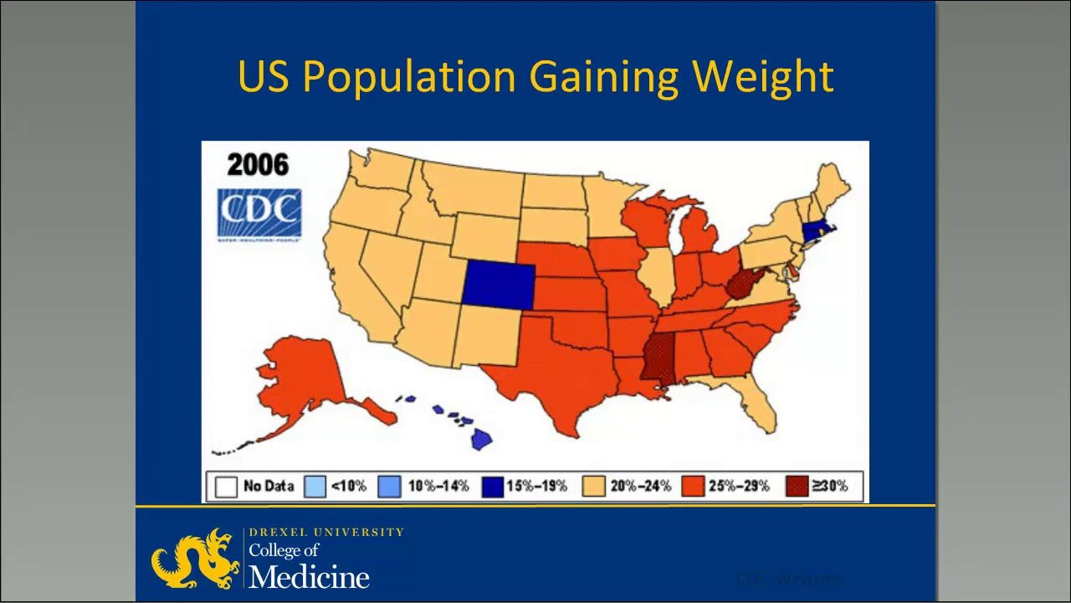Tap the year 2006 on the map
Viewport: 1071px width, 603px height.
click(257, 164)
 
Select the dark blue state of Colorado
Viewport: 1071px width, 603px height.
click(499, 283)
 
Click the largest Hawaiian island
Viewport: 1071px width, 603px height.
click(481, 438)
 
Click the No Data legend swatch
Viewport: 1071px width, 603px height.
click(225, 486)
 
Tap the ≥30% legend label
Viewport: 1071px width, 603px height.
click(829, 486)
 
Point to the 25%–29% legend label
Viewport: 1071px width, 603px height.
click(739, 486)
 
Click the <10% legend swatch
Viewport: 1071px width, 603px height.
click(315, 486)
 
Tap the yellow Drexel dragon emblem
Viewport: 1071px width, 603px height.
click(195, 558)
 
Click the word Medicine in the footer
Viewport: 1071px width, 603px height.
click(309, 576)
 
